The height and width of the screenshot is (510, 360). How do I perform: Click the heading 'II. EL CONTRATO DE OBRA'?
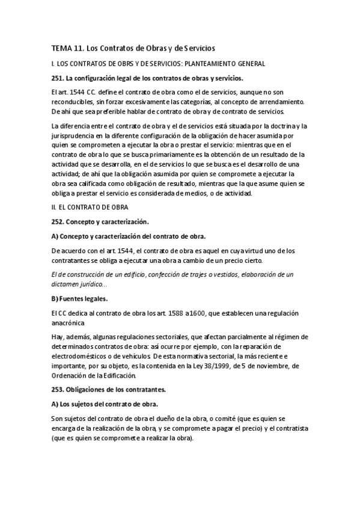89,207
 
